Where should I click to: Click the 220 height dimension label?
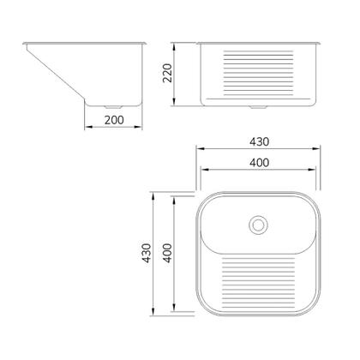[167, 73]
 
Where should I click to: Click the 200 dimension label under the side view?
[114, 120]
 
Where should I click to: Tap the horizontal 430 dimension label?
[259, 141]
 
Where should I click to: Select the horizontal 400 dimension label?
[259, 163]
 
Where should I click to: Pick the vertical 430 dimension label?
[147, 253]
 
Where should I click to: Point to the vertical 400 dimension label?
[167, 253]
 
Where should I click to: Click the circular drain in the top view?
[258, 225]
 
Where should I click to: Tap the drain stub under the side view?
[113, 107]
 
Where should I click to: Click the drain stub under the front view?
[258, 107]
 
